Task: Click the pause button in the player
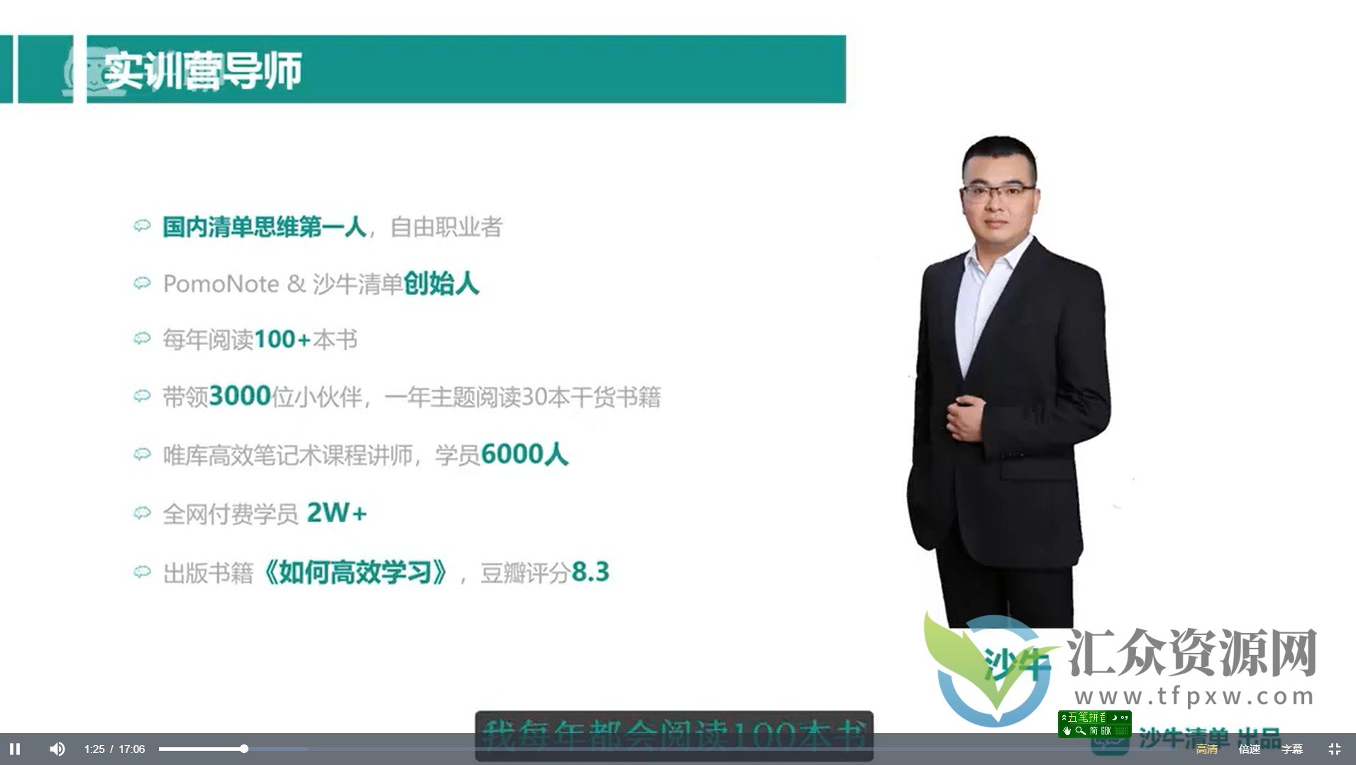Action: (15, 749)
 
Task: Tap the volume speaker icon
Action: (57, 749)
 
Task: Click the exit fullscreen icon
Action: (1334, 749)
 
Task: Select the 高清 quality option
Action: (1206, 749)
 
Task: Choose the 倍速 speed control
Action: (1249, 749)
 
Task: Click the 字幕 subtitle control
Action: (1291, 749)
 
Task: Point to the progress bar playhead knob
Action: (244, 749)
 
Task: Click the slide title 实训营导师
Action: (202, 70)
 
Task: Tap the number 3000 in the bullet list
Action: (240, 396)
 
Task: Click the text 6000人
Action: (524, 454)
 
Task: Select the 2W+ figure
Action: (336, 512)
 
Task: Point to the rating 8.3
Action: (590, 572)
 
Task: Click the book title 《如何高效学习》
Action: (355, 572)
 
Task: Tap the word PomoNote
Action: (221, 284)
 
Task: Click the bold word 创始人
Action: (441, 284)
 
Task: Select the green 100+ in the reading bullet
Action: (282, 340)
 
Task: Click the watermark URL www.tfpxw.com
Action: (1195, 696)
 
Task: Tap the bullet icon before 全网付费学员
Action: (142, 512)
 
